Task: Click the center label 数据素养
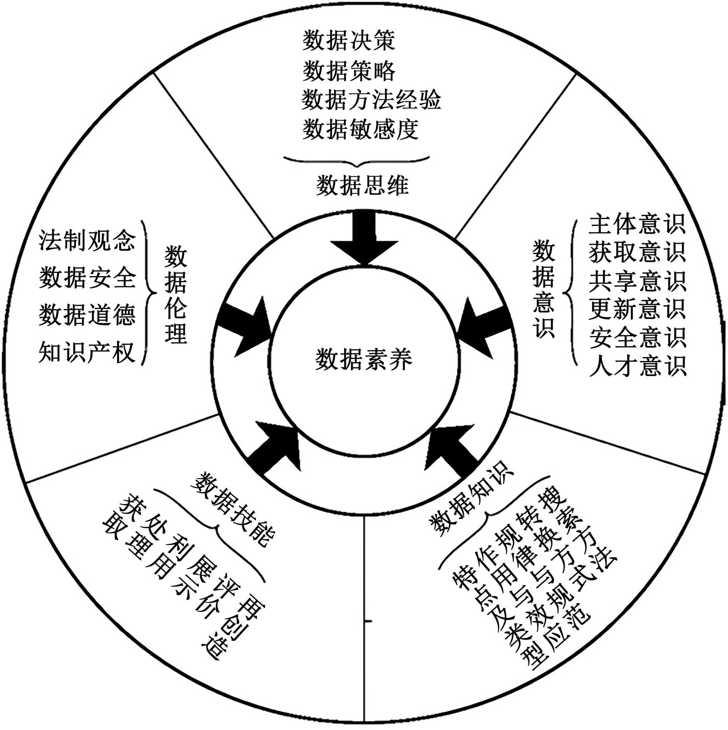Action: coord(364,359)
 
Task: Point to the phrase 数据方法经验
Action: coord(371,100)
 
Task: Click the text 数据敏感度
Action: coord(360,129)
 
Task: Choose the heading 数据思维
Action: coord(362,185)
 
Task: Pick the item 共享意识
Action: coord(637,281)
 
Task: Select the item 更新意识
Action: coord(637,309)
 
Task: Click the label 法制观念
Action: coord(87,240)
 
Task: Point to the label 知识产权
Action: coord(87,352)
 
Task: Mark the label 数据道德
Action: coord(87,315)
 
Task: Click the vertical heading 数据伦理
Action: coord(175,294)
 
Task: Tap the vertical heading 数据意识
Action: coord(543,289)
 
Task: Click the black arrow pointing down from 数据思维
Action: coord(364,238)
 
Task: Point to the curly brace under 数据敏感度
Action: coord(356,161)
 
